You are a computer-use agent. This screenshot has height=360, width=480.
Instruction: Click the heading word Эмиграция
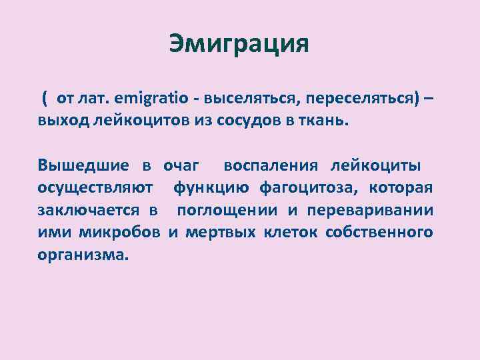pos(239,44)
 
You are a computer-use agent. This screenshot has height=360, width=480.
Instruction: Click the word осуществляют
pos(95,188)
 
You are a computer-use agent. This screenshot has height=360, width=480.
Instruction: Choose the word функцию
pos(213,188)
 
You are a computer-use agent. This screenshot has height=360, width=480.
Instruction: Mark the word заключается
pos(88,211)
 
